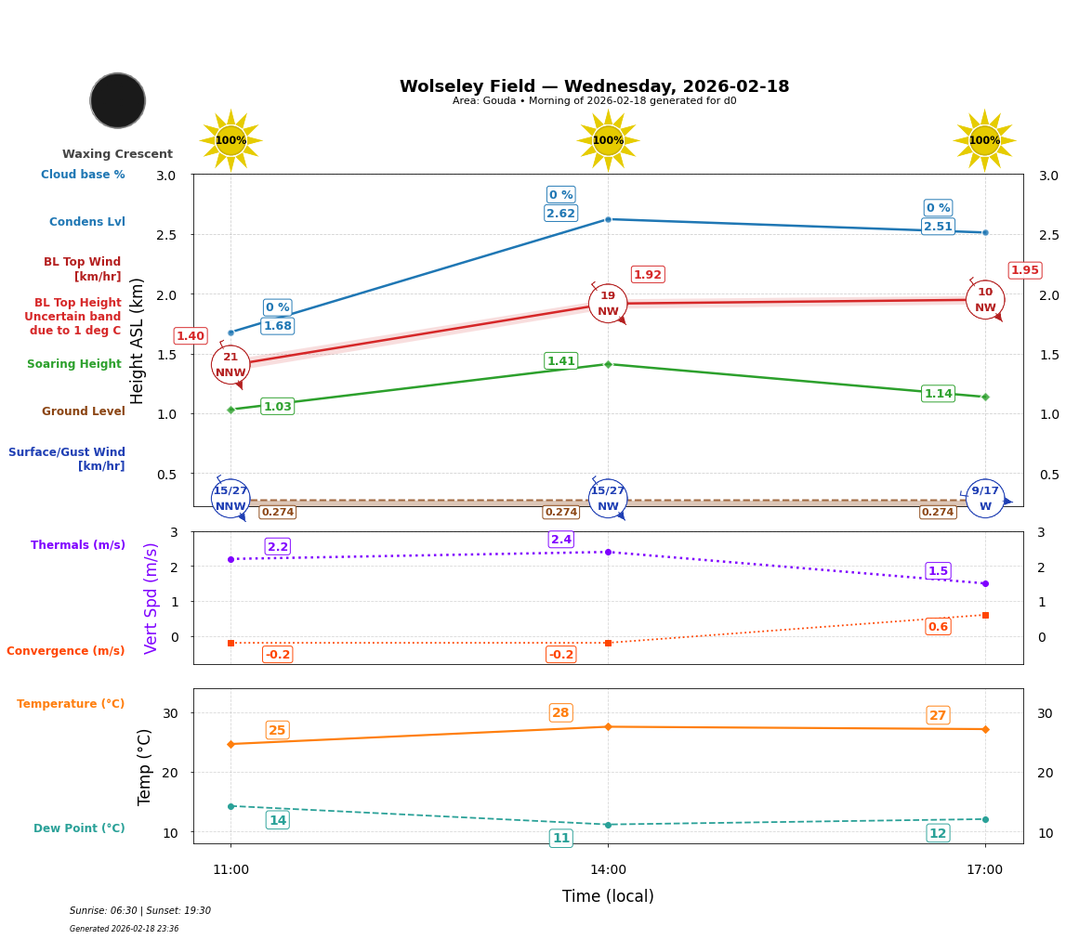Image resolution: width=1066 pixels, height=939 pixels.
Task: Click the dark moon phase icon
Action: (x=118, y=100)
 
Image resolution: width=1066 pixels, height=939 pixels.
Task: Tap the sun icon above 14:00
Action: (x=608, y=140)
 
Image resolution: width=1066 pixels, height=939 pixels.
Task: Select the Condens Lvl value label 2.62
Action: (x=560, y=214)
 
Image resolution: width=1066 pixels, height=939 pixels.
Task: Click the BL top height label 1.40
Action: (x=191, y=336)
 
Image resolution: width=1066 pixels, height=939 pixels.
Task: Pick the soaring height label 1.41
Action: (x=560, y=361)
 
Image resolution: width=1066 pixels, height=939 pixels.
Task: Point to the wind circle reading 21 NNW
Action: (x=230, y=365)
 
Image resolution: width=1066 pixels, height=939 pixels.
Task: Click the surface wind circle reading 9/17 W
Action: (x=985, y=499)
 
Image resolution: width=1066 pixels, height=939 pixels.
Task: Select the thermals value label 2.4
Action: (x=561, y=540)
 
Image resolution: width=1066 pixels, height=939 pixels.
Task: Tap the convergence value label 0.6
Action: (x=938, y=627)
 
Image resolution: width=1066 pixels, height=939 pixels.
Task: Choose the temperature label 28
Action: (x=560, y=713)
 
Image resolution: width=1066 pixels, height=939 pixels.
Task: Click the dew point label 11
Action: (x=561, y=839)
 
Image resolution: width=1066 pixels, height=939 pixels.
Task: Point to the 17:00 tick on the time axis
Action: (x=984, y=870)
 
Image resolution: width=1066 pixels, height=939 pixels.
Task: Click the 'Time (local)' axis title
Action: (x=608, y=896)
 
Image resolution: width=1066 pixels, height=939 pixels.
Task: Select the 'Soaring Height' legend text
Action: (x=74, y=364)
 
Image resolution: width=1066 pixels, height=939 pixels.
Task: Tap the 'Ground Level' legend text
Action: (x=84, y=411)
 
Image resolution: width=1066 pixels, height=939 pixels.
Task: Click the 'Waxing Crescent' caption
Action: (x=117, y=154)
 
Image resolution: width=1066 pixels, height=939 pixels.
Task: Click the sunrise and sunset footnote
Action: (x=140, y=911)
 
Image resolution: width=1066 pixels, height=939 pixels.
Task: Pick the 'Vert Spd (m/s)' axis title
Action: (x=151, y=598)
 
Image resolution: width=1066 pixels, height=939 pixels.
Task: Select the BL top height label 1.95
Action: (x=1024, y=270)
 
